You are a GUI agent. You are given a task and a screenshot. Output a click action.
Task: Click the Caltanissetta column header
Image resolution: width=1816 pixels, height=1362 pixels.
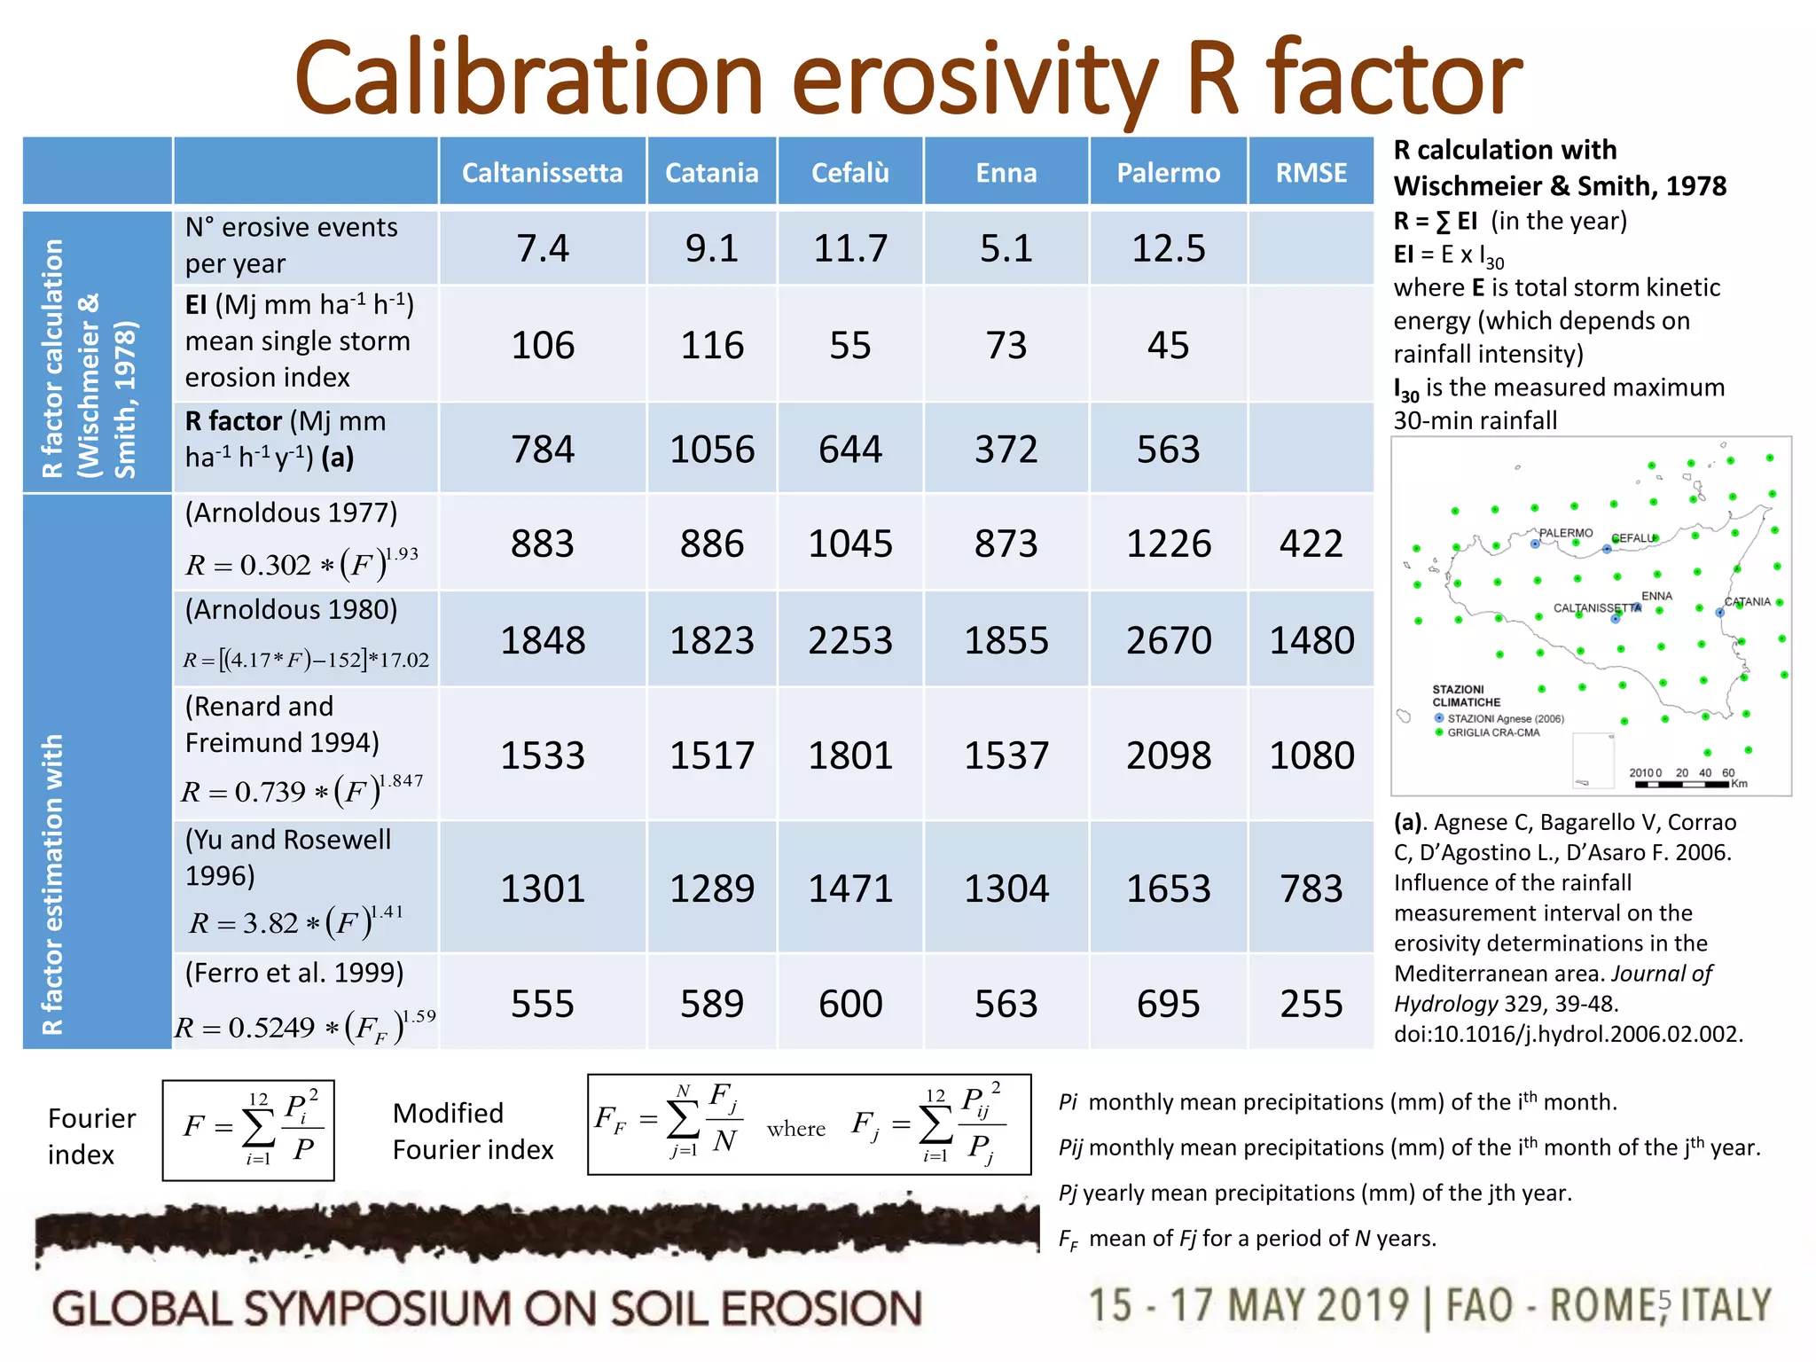[542, 173]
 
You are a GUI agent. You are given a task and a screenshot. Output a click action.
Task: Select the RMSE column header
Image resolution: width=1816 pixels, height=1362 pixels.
[1311, 173]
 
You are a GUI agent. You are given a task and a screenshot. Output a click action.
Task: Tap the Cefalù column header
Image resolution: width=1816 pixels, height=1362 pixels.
[849, 173]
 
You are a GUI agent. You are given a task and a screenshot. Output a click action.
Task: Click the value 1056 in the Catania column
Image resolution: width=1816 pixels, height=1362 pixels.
[711, 450]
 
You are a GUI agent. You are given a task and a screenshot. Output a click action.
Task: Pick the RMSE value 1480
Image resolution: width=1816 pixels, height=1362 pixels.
[1311, 640]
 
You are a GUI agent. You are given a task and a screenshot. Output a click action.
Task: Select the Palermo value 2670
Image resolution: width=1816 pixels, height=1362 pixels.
[1168, 640]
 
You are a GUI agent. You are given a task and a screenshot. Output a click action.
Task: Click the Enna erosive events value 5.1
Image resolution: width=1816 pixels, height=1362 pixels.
[1006, 248]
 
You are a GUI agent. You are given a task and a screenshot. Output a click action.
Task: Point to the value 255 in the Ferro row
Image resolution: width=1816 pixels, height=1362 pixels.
[1311, 1004]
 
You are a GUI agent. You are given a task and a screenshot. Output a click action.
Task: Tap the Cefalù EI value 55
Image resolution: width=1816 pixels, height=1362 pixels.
[849, 345]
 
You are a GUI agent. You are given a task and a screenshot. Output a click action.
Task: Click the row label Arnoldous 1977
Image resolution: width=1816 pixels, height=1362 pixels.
[291, 513]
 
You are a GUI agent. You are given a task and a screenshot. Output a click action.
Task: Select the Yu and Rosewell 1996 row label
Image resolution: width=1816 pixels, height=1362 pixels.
[287, 857]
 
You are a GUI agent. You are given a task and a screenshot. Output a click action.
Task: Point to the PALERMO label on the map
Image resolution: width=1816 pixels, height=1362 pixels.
[1565, 533]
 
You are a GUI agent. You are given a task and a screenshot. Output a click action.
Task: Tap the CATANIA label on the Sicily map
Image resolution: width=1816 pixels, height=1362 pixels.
[1747, 602]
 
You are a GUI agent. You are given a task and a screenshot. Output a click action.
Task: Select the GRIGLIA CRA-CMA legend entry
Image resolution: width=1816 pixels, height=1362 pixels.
[1492, 732]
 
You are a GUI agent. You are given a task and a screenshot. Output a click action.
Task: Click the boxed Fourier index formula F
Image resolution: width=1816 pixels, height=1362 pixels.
[248, 1130]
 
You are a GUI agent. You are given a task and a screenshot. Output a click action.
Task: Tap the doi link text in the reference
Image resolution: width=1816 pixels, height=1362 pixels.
[1567, 1034]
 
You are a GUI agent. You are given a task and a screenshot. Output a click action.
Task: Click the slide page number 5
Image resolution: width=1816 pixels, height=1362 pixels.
[1663, 1301]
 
